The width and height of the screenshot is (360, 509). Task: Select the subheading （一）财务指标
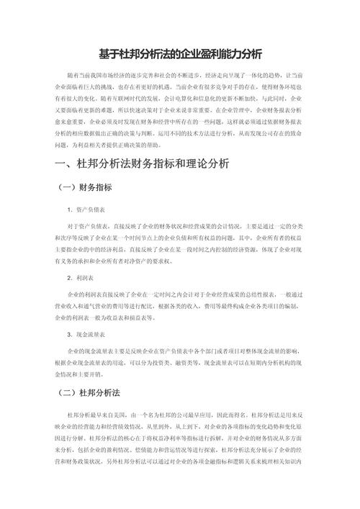[85, 187]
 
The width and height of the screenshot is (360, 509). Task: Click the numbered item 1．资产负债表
[86, 210]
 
